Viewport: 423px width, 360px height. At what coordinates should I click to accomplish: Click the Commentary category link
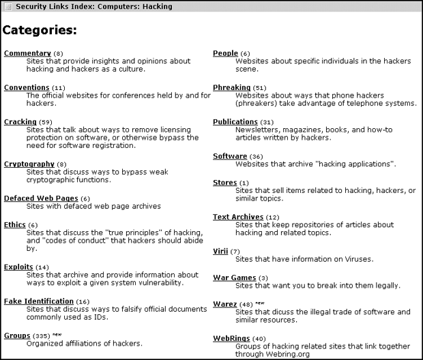27,53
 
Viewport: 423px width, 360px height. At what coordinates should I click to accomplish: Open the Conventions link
27,87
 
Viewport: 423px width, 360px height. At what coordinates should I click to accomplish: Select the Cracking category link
20,121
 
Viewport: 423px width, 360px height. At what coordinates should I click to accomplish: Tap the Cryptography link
29,164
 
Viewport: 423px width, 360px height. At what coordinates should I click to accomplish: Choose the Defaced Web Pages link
40,198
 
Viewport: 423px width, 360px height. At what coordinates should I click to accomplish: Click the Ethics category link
14,224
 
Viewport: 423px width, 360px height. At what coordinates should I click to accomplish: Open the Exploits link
18,267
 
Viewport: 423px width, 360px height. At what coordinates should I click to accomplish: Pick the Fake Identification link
38,301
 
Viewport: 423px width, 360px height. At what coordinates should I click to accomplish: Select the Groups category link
16,335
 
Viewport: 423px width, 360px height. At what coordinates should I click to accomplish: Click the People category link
225,53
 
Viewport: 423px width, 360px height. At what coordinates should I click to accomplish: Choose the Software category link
229,156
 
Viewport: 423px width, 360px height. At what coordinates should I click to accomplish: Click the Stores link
224,183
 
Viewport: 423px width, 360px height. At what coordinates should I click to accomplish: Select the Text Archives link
237,217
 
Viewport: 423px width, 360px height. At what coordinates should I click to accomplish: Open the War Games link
234,277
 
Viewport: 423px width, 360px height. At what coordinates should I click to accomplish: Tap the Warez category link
224,304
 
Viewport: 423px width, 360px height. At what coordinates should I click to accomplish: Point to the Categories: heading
39,31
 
